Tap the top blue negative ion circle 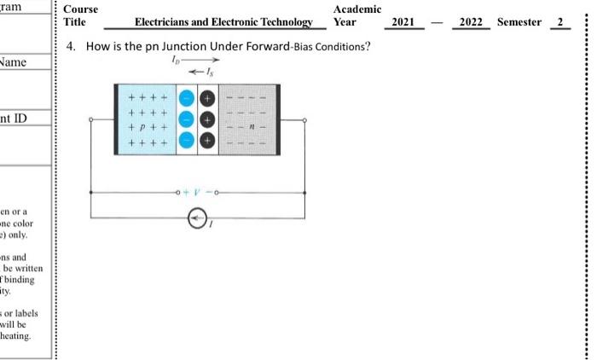click(186, 100)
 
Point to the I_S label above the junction click(211, 73)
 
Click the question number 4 click(70, 46)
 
